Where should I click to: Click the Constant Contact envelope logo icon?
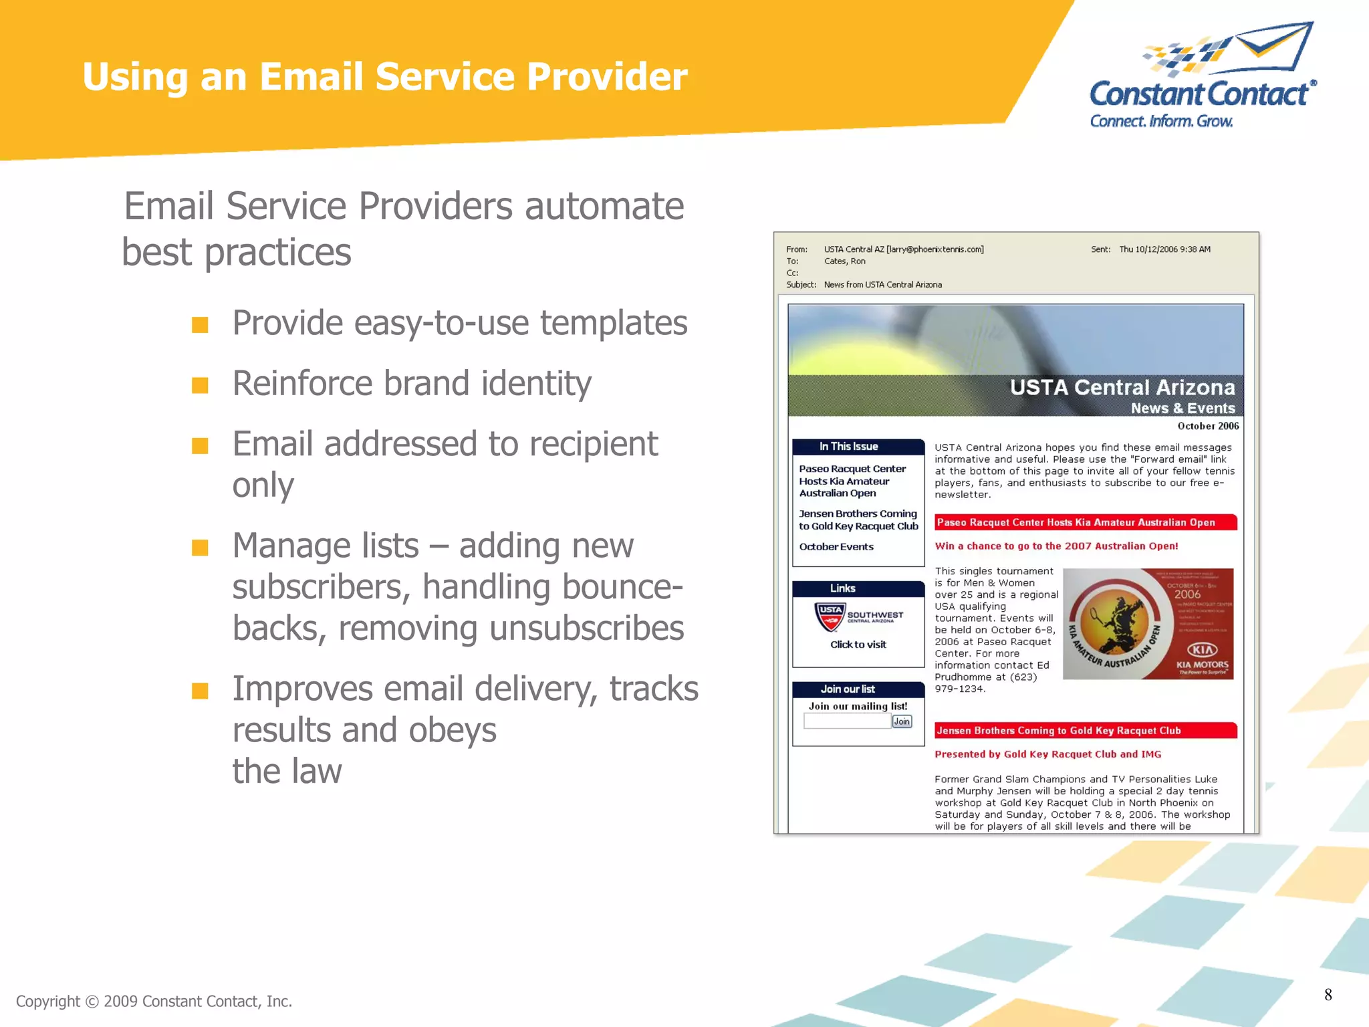[x=1229, y=48]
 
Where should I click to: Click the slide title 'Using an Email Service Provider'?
[x=384, y=76]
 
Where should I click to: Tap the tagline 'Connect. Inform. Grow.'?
[x=1161, y=122]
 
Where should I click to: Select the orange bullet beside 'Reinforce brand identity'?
[x=200, y=385]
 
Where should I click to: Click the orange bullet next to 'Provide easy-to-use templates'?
[x=200, y=325]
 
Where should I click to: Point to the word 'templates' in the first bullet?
[x=613, y=324]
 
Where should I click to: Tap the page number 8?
[x=1328, y=995]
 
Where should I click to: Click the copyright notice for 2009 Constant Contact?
[x=154, y=1001]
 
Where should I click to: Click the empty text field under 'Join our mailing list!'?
[x=847, y=721]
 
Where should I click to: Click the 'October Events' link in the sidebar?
[x=836, y=547]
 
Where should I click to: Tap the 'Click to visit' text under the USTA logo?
[x=858, y=645]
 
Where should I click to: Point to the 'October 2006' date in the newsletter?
[x=1207, y=426]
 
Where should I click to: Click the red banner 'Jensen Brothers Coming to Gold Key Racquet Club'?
[x=1085, y=731]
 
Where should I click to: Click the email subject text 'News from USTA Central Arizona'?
[x=882, y=285]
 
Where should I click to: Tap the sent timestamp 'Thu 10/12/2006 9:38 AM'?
[x=1164, y=249]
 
